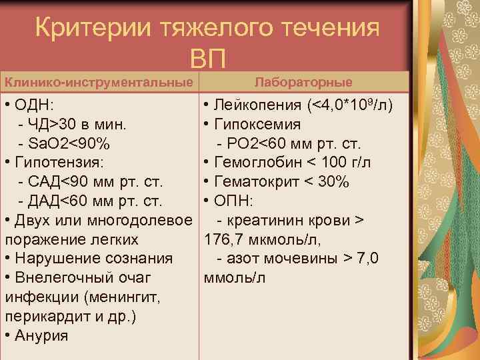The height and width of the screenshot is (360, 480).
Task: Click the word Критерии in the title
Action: (x=93, y=29)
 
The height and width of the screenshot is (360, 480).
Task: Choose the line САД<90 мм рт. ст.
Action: (x=91, y=182)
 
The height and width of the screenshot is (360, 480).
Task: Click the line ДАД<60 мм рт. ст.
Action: (x=91, y=201)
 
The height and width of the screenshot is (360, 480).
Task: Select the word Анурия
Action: (x=42, y=335)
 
